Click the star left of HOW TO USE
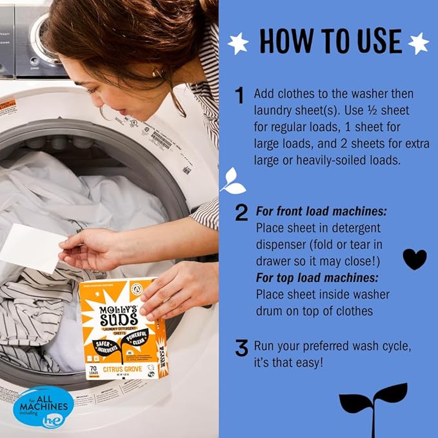pyautogui.click(x=239, y=43)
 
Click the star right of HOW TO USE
pyautogui.click(x=418, y=43)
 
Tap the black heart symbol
pyautogui.click(x=414, y=259)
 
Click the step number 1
pyautogui.click(x=239, y=96)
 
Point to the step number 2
pyautogui.click(x=241, y=212)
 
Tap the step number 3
pyautogui.click(x=241, y=349)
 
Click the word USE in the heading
pyautogui.click(x=374, y=41)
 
